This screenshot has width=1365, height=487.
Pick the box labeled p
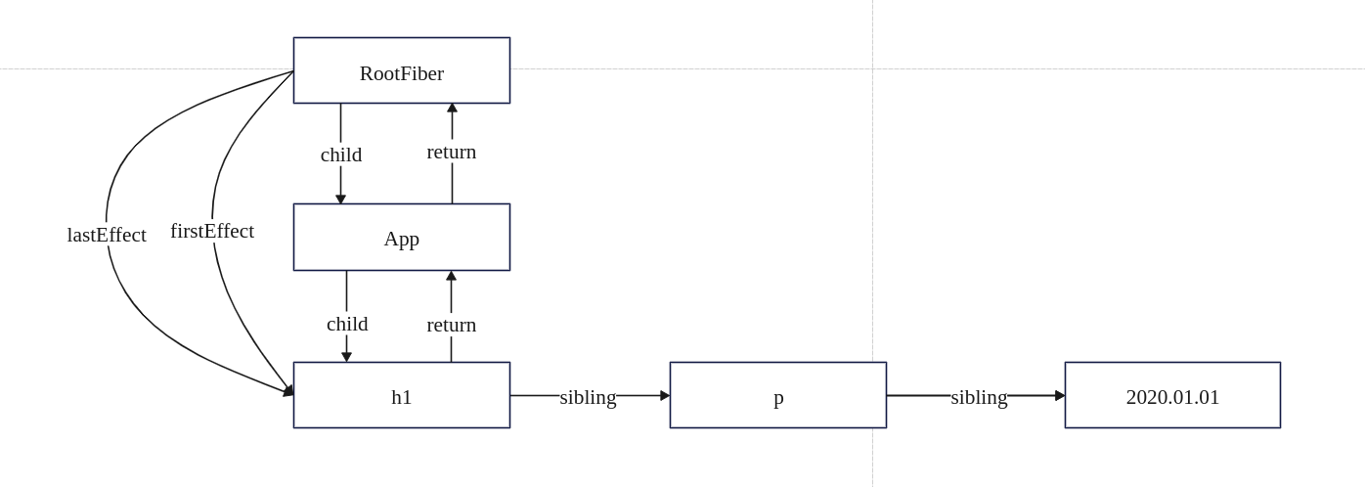click(778, 396)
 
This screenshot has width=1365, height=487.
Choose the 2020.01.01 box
click(1172, 396)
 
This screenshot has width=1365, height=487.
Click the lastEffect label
click(107, 235)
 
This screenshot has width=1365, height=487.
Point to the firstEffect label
click(212, 231)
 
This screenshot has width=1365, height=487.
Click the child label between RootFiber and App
click(341, 155)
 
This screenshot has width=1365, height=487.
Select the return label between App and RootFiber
click(452, 152)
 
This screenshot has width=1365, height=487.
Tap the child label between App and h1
click(347, 324)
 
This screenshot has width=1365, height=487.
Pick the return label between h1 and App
click(452, 325)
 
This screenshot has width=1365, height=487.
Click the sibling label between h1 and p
click(588, 397)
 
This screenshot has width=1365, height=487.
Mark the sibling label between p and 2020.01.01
click(979, 397)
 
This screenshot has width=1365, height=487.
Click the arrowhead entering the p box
click(665, 396)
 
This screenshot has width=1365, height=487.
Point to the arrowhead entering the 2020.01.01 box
click(1060, 396)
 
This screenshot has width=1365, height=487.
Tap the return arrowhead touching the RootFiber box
click(452, 108)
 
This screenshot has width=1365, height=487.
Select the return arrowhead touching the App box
click(452, 276)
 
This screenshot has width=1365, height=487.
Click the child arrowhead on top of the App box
click(341, 199)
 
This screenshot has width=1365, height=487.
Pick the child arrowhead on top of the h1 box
click(347, 357)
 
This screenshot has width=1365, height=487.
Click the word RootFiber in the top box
click(401, 73)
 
